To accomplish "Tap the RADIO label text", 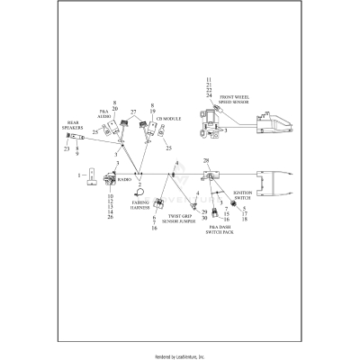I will (x=123, y=180).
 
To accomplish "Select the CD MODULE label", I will (x=169, y=118).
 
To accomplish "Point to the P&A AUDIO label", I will (x=103, y=114).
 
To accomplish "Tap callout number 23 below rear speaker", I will (x=66, y=148).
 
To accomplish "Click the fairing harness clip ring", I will (x=139, y=193).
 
